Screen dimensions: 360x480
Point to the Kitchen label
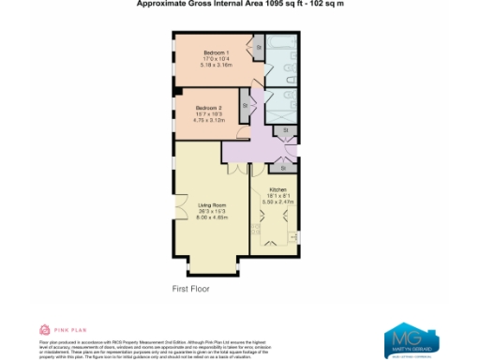point(277,189)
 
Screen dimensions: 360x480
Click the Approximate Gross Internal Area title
point(239,4)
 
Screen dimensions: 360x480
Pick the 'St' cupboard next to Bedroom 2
point(246,105)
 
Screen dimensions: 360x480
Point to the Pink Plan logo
point(59,330)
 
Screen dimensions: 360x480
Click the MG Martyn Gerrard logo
point(412,338)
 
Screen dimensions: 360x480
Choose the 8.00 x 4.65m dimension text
point(213,217)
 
